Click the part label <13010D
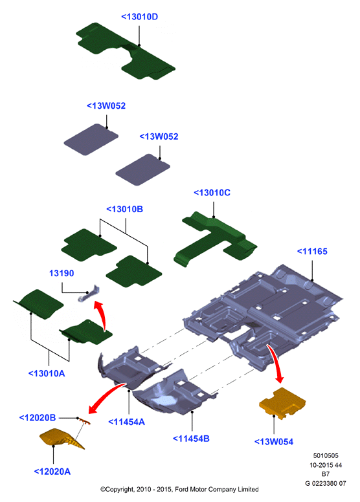139,17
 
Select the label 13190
62,273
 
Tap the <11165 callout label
312,251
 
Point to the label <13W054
274,442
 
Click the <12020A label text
52,471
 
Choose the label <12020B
38,417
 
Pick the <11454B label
191,439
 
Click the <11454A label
127,422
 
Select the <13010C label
212,193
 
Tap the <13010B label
124,209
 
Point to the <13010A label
47,373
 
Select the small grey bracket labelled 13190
89,294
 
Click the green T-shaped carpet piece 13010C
215,237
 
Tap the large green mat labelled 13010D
125,51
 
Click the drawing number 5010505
326,455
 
